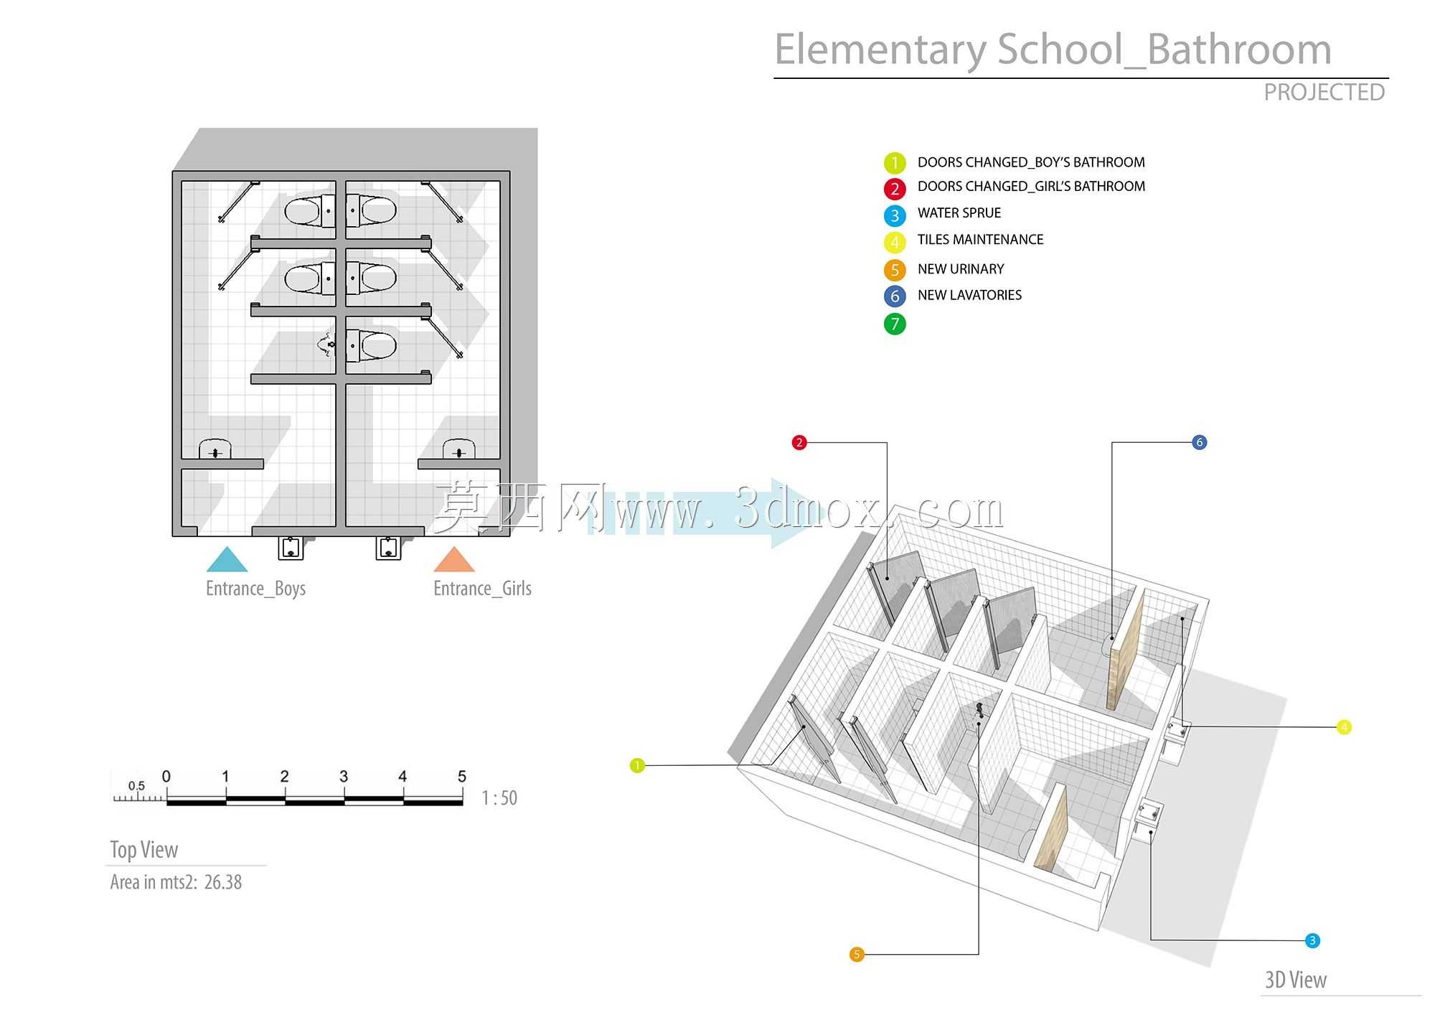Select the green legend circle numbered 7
point(895,324)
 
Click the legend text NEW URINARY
point(961,269)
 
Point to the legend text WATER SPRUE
point(959,213)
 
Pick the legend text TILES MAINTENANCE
point(980,240)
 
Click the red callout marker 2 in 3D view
point(799,442)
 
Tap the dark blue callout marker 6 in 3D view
point(1199,442)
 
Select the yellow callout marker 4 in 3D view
point(1345,727)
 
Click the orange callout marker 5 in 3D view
point(857,955)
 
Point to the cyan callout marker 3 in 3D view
point(1312,940)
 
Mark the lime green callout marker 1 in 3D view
point(637,766)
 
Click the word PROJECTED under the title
point(1324,93)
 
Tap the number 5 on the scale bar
point(462,777)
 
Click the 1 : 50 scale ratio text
point(499,798)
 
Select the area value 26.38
point(223,882)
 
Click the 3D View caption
point(1296,980)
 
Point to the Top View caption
point(143,850)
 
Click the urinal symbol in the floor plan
point(327,345)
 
